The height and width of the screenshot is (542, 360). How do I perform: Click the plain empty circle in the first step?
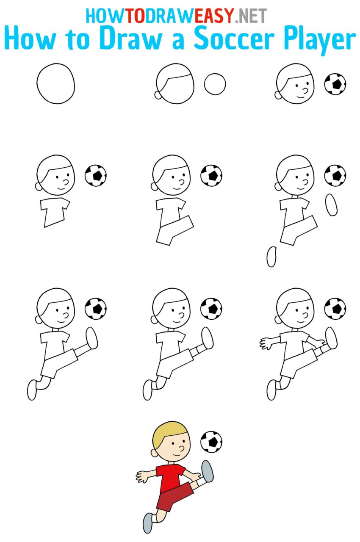(x=55, y=83)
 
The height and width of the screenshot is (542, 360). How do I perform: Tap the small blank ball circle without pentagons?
(x=215, y=84)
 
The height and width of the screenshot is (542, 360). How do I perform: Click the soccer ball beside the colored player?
(x=211, y=442)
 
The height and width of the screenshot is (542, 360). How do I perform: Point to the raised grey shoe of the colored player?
(x=208, y=470)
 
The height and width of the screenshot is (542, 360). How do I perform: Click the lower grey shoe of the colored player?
(x=147, y=523)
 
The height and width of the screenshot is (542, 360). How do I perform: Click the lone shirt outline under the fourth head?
(x=54, y=211)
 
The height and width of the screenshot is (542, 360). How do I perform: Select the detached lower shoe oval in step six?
(x=271, y=257)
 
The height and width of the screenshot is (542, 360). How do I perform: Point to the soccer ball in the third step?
(x=335, y=84)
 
